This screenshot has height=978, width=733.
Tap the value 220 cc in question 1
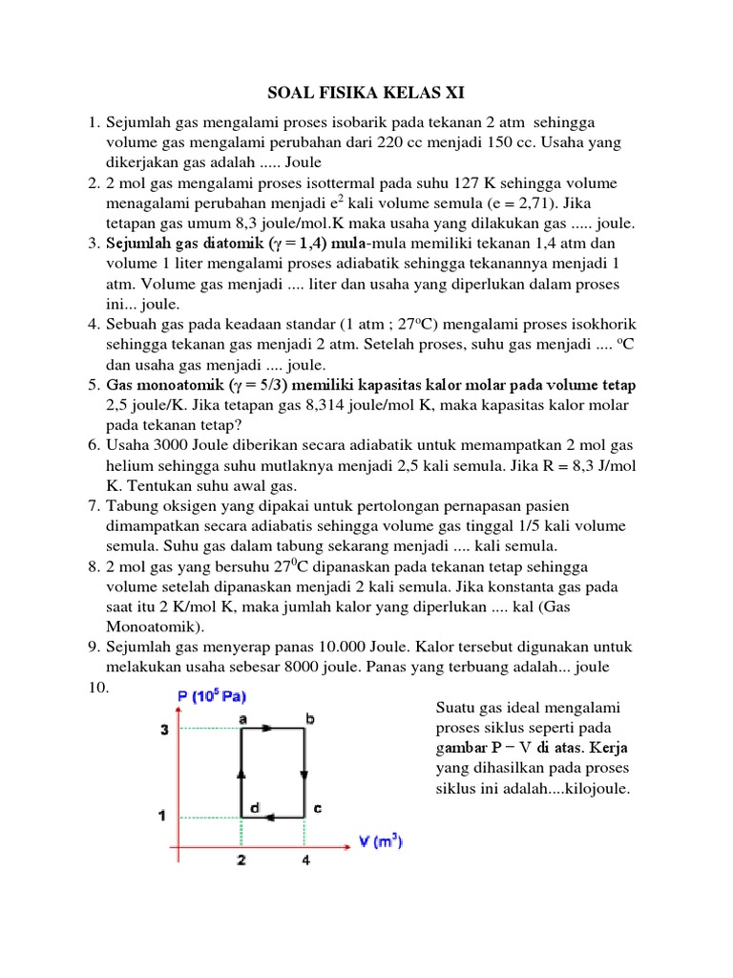[408, 142]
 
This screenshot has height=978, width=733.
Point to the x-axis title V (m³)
[380, 841]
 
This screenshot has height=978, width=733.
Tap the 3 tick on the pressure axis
[161, 730]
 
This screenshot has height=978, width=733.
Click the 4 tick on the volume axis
[304, 861]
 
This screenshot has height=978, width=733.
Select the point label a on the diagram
[241, 717]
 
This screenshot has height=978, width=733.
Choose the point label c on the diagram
[317, 809]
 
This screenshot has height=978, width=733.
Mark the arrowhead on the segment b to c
[304, 775]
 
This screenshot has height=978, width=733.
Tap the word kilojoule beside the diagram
[584, 789]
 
